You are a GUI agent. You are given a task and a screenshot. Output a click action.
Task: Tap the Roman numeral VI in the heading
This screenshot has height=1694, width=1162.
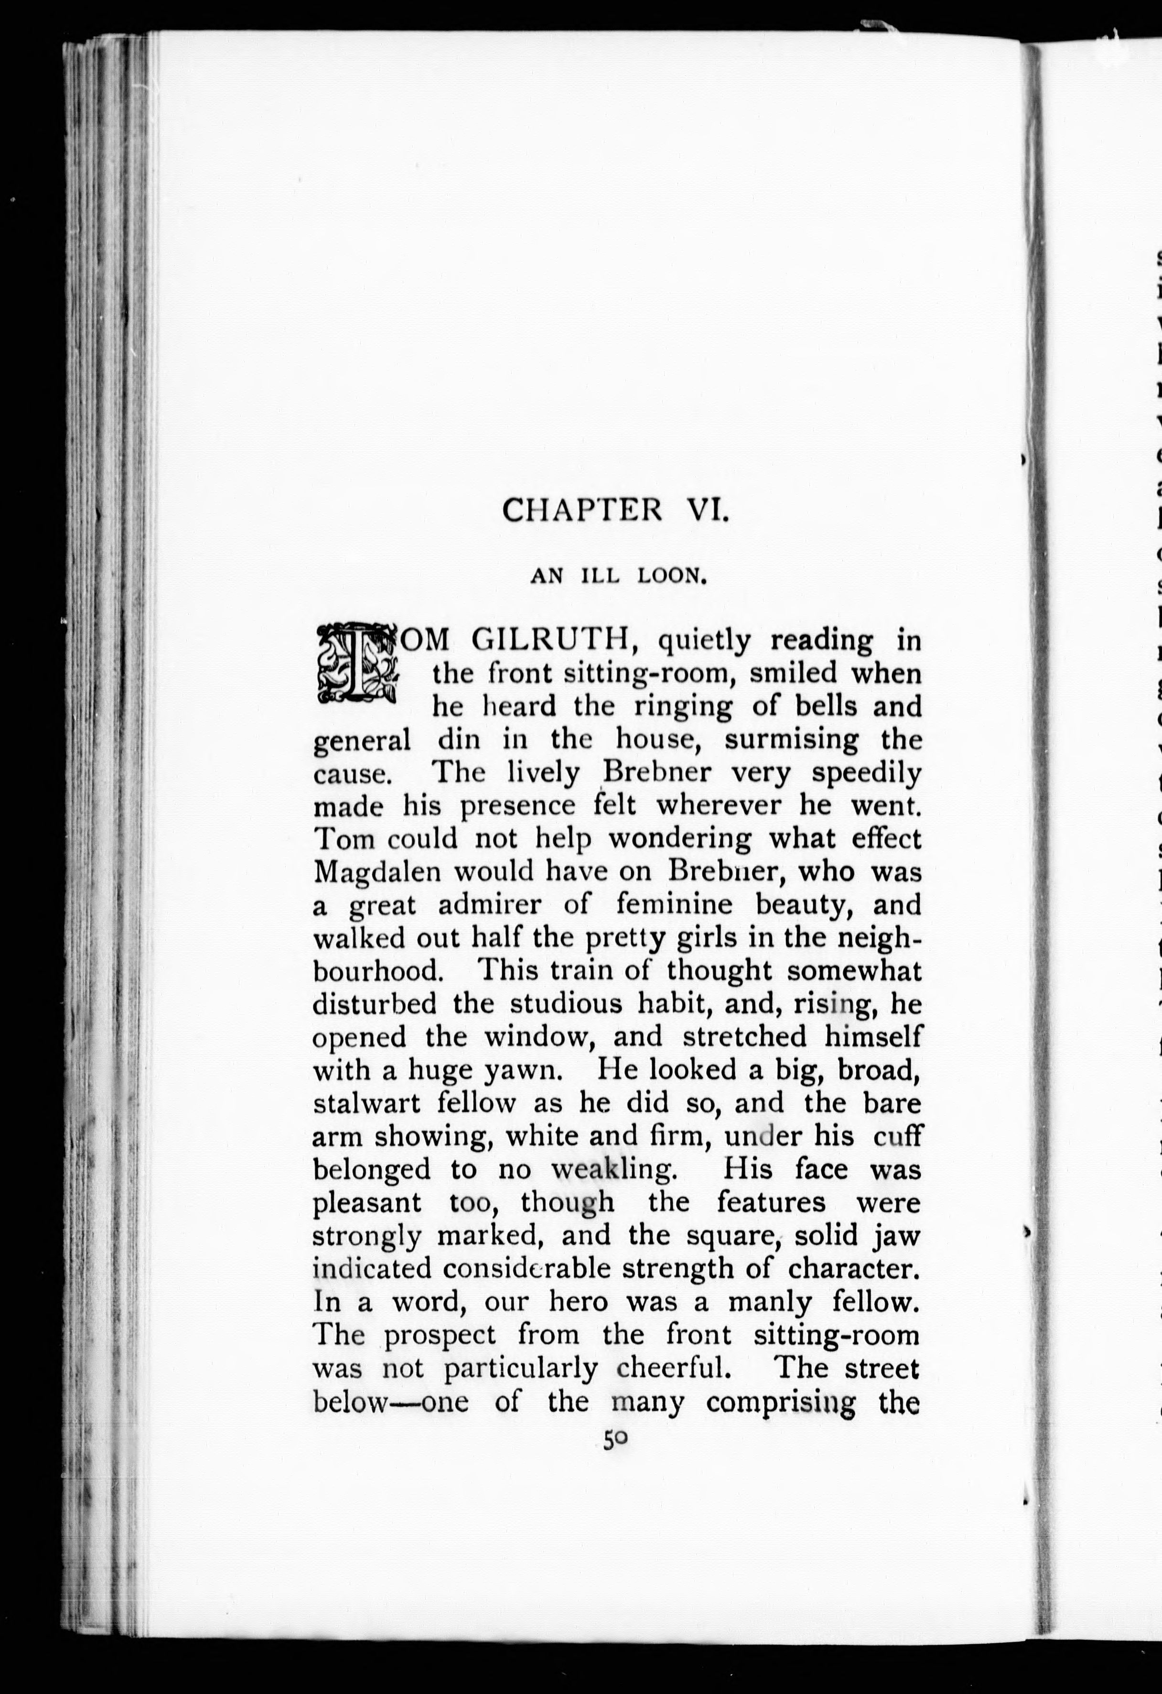click(x=706, y=510)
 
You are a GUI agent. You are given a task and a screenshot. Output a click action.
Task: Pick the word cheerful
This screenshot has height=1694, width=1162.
click(x=674, y=1368)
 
